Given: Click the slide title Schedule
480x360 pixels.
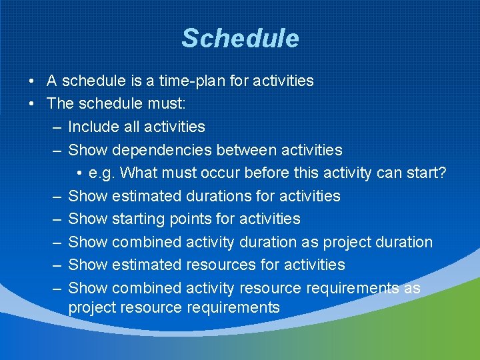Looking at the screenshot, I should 240,39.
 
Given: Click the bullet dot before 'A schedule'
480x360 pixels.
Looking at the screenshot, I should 31,81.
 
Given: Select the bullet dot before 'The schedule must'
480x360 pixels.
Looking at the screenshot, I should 31,104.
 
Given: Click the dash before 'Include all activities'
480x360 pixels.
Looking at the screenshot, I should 57,127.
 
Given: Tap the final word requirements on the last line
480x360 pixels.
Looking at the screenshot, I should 233,308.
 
